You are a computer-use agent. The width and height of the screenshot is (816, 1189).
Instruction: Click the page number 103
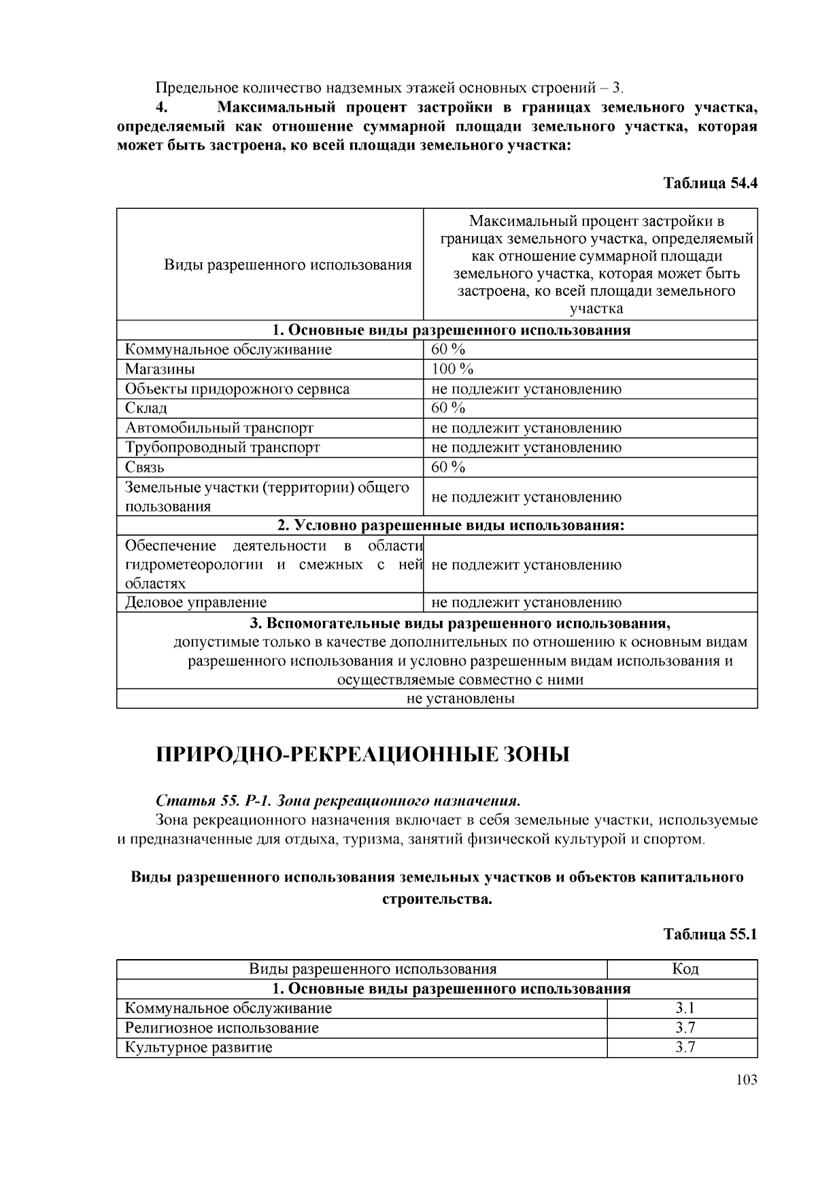coord(746,1079)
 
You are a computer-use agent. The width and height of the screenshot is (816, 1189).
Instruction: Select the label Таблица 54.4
coord(710,184)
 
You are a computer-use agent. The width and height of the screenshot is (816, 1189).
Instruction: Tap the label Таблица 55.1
coord(710,934)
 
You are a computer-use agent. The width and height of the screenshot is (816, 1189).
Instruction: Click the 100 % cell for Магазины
coord(452,369)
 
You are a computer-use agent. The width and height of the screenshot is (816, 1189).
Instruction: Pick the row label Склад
coord(146,408)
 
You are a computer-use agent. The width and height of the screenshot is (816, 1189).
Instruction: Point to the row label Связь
coord(145,467)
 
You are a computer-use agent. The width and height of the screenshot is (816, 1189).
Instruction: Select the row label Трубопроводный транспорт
coord(222,448)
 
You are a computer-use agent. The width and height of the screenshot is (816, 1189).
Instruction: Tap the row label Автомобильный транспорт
coord(220,428)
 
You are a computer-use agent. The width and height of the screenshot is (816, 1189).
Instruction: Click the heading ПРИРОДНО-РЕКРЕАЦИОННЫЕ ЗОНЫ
coord(363,755)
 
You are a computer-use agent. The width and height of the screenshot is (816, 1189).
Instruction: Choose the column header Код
coord(685,969)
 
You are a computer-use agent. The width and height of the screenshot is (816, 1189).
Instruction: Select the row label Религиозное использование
coord(222,1028)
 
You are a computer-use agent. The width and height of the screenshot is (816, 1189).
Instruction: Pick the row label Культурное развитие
coord(199,1048)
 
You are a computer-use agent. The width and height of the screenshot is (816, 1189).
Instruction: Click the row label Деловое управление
coord(196,603)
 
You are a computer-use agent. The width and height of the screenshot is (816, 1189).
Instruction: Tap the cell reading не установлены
coord(460,699)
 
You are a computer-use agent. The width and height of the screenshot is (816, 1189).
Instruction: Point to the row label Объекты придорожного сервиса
coord(237,389)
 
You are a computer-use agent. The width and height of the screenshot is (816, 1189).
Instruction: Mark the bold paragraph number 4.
coord(161,107)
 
